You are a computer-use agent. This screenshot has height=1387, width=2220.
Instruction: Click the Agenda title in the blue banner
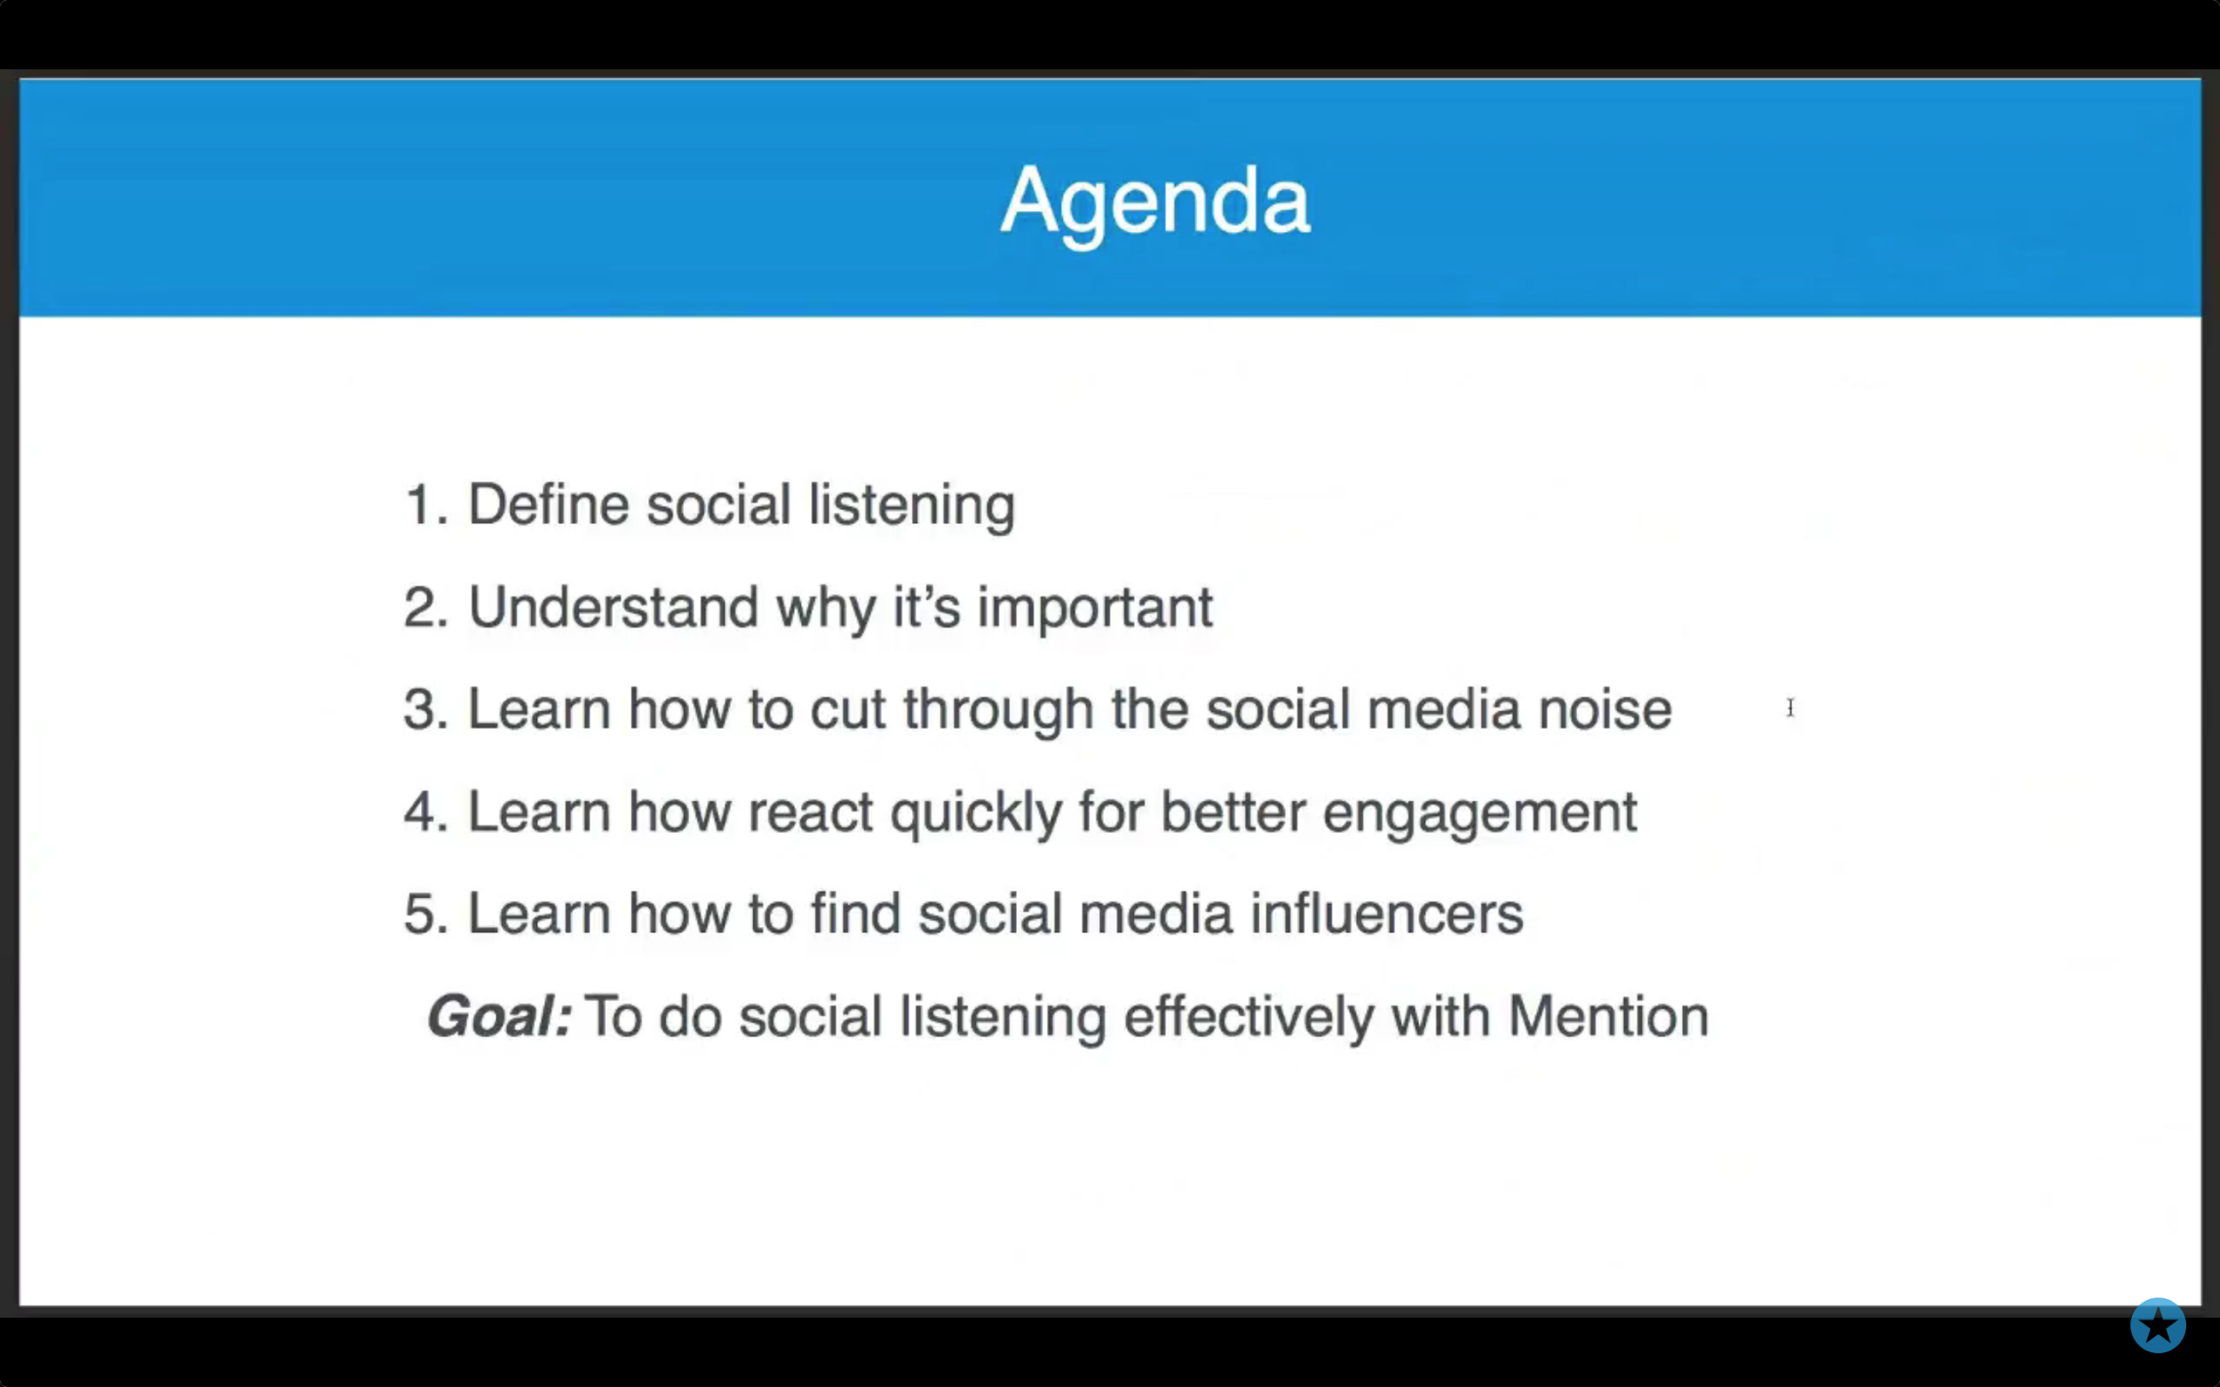point(1155,202)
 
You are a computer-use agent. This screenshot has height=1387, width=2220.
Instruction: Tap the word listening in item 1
point(911,506)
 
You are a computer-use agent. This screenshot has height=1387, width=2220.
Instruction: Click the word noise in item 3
point(1606,710)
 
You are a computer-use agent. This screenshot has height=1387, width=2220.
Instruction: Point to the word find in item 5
point(856,915)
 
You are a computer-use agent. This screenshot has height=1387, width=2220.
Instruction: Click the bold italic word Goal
point(499,1018)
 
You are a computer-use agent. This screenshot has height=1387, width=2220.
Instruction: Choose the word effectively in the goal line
point(1249,1019)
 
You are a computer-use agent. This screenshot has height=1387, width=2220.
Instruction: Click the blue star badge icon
point(2158,1325)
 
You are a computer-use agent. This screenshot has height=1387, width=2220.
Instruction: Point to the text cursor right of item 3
point(1789,707)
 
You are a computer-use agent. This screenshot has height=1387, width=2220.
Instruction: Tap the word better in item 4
point(1233,812)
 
